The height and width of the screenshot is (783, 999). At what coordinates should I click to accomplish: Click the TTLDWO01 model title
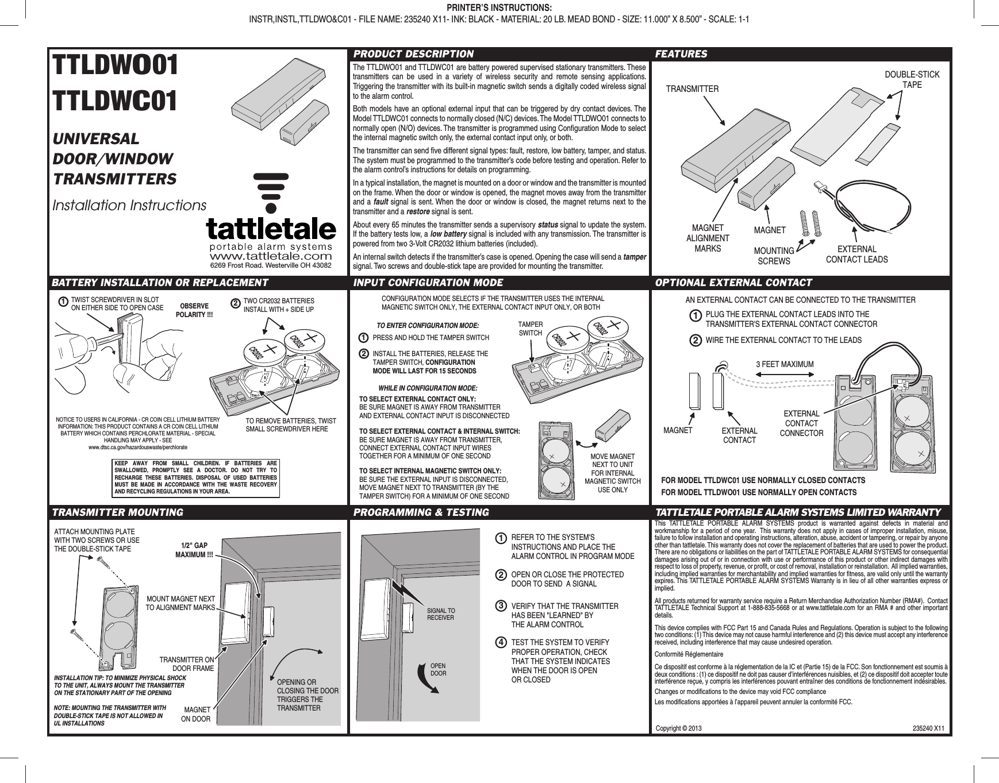[x=115, y=68]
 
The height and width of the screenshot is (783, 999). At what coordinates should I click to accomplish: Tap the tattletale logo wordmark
[x=271, y=230]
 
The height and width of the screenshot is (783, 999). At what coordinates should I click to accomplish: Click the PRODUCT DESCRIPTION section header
[x=413, y=54]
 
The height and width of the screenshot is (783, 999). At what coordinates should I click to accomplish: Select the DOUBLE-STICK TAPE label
[x=912, y=80]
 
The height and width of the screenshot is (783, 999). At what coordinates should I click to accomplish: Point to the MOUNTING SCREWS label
[x=774, y=256]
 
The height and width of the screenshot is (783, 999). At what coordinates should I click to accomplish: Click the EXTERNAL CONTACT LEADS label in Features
[x=856, y=254]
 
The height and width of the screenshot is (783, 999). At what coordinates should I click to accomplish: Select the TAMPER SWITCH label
[x=531, y=329]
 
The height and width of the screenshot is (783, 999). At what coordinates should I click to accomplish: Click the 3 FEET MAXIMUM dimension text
[x=785, y=364]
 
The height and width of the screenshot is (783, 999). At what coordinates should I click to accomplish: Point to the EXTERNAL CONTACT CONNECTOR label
[x=801, y=423]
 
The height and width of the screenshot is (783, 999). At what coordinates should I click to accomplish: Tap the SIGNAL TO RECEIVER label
[x=440, y=614]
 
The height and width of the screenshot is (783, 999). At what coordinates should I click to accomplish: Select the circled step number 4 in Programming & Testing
[x=501, y=642]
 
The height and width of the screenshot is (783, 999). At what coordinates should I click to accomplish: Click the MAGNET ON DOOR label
[x=195, y=714]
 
